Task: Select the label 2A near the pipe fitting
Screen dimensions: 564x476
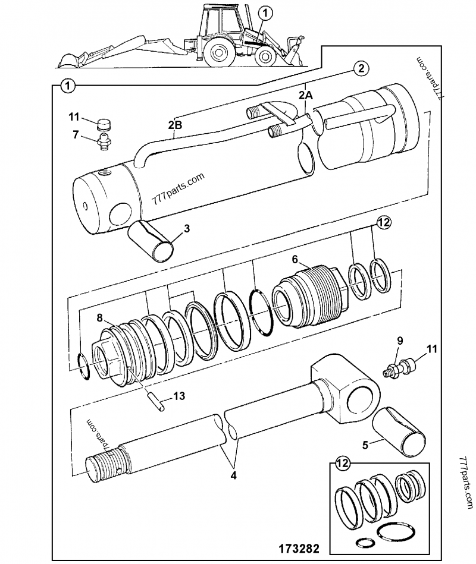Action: point(305,94)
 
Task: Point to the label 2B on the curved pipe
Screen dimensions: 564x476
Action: point(175,124)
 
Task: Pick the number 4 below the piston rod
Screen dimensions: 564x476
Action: point(234,475)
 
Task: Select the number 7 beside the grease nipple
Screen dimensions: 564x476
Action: point(76,134)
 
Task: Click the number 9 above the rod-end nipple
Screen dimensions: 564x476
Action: point(400,341)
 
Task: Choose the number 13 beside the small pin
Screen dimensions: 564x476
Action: point(178,396)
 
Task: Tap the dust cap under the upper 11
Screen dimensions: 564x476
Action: point(104,125)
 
